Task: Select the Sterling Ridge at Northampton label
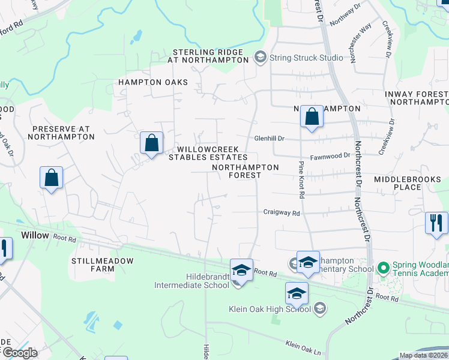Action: (210, 56)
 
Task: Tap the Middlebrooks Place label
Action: (406, 183)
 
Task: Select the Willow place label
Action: (35, 235)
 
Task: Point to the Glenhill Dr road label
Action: (268, 137)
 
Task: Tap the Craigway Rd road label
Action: (281, 212)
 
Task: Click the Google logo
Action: (19, 353)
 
